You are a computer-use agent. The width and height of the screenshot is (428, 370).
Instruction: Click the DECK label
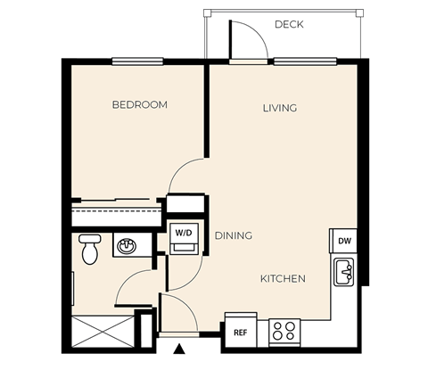pos(289,24)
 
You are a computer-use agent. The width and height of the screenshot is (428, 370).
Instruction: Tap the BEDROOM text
pos(139,105)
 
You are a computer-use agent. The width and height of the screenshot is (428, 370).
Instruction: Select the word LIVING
pos(279,108)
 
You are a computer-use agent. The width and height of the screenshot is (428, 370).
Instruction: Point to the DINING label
pos(233,235)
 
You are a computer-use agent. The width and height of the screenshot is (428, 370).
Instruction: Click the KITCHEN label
pos(283,278)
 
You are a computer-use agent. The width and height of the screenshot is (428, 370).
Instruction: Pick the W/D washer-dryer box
pos(185,238)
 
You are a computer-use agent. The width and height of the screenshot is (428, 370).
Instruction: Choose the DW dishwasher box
pos(343,241)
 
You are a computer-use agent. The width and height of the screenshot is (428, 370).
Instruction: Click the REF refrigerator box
pos(240,331)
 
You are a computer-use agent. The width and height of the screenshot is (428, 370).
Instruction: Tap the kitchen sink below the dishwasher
pos(344,271)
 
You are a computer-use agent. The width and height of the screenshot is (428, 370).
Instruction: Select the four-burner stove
pos(284,331)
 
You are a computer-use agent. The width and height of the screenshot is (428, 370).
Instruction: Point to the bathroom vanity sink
pos(126,245)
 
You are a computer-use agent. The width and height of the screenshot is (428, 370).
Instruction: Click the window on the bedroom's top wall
pos(137,62)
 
